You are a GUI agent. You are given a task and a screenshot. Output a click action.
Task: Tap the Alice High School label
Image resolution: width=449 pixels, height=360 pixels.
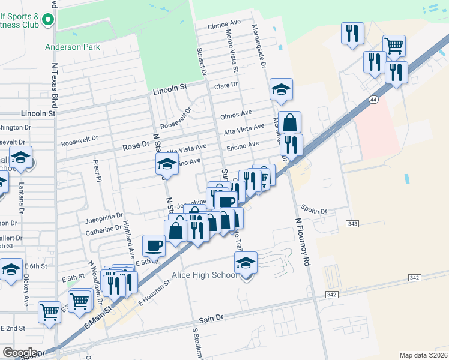204,275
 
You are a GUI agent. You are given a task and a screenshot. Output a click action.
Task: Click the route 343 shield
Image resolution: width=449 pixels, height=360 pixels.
352,224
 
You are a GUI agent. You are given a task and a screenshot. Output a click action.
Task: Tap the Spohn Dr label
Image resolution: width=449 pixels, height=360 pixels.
314,211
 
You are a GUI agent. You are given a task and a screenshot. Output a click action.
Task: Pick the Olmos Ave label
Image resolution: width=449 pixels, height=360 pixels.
236,114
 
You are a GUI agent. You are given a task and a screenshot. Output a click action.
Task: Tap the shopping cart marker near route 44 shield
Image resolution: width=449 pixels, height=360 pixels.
394,46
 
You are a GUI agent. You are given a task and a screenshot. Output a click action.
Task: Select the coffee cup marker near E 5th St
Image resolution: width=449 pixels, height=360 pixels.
154,245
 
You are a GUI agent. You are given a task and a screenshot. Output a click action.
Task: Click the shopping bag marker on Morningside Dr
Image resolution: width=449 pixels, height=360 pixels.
289,123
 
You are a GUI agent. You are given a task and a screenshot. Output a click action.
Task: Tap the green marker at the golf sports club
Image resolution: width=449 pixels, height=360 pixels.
47,19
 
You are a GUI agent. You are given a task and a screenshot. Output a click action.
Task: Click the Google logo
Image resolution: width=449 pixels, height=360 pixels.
20,353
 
